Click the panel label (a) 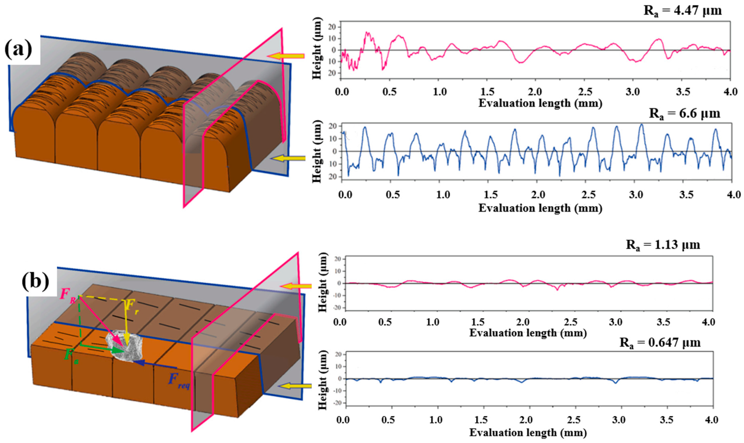point(19,50)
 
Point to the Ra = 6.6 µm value point(684,114)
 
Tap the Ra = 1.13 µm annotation point(663,245)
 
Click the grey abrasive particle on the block point(125,346)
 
